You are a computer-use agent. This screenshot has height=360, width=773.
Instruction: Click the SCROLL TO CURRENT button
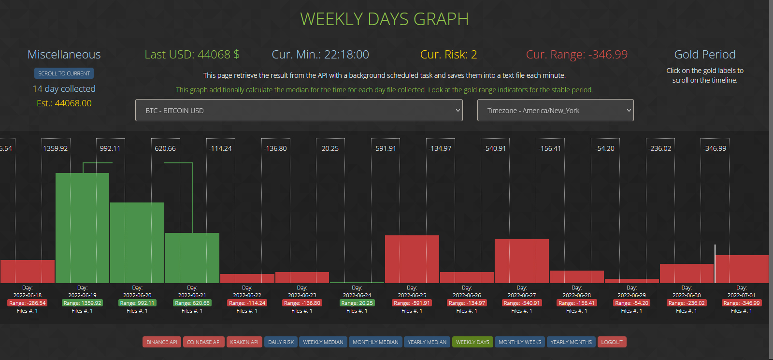[x=64, y=73]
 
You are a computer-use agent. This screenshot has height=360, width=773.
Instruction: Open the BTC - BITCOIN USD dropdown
[x=299, y=110]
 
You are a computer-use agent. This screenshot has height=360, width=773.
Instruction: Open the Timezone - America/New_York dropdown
[x=555, y=110]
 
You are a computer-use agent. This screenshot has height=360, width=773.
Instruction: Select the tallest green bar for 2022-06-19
[x=82, y=228]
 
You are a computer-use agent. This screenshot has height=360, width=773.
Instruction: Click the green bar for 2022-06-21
[x=192, y=258]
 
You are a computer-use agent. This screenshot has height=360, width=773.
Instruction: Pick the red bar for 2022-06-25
[x=412, y=259]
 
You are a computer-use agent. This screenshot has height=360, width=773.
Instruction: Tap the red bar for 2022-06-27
[x=521, y=261]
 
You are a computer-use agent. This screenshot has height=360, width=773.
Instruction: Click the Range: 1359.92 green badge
[x=82, y=303]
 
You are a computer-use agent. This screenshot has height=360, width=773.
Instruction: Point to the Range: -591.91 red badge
[x=412, y=303]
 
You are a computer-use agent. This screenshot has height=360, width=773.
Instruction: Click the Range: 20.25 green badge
[x=357, y=303]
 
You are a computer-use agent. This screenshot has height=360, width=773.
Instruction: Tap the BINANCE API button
[x=162, y=342]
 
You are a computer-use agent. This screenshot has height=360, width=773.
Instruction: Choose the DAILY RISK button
[x=281, y=342]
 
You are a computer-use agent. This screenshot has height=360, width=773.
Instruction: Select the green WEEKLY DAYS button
[x=472, y=342]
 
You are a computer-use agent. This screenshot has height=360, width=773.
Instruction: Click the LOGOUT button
[x=612, y=342]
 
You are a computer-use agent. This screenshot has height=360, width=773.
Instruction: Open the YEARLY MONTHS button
[x=571, y=342]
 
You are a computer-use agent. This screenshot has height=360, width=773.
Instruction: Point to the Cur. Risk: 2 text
[x=448, y=55]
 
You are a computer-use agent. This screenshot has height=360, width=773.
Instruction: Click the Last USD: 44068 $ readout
[x=192, y=55]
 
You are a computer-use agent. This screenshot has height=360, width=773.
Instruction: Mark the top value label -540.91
[x=495, y=148]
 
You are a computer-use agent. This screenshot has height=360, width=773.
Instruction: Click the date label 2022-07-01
[x=741, y=295]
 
